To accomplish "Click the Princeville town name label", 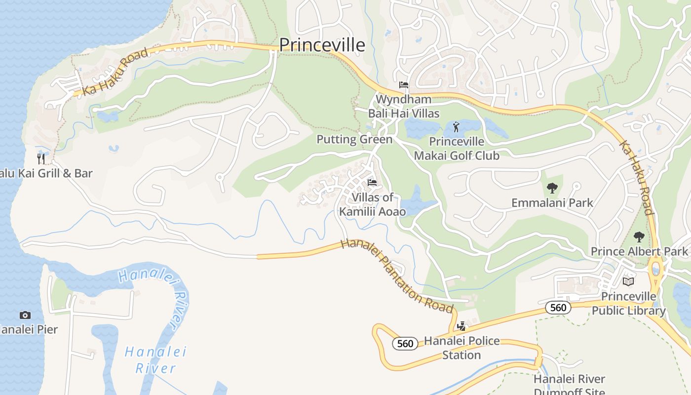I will pyautogui.click(x=322, y=45).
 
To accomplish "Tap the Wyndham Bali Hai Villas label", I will pyautogui.click(x=403, y=106).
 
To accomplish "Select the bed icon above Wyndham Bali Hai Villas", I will pyautogui.click(x=404, y=84).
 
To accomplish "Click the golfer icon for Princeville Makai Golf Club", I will pyautogui.click(x=456, y=127).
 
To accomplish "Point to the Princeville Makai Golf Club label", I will pyautogui.click(x=457, y=149).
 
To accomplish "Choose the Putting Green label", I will pyautogui.click(x=354, y=139).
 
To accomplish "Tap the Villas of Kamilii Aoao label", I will pyautogui.click(x=372, y=204).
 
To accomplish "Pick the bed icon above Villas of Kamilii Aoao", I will pyautogui.click(x=372, y=183).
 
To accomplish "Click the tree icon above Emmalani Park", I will pyautogui.click(x=552, y=188).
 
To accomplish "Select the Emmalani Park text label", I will pyautogui.click(x=552, y=202).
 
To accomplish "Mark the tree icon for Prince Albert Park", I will pyautogui.click(x=639, y=237).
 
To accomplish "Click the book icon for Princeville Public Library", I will pyautogui.click(x=628, y=281).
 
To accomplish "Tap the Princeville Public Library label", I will pyautogui.click(x=628, y=304).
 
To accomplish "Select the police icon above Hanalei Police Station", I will pyautogui.click(x=461, y=326).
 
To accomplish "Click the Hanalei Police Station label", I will pyautogui.click(x=461, y=348).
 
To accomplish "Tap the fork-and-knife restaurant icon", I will pyautogui.click(x=41, y=158).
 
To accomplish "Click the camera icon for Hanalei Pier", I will pyautogui.click(x=25, y=315).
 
